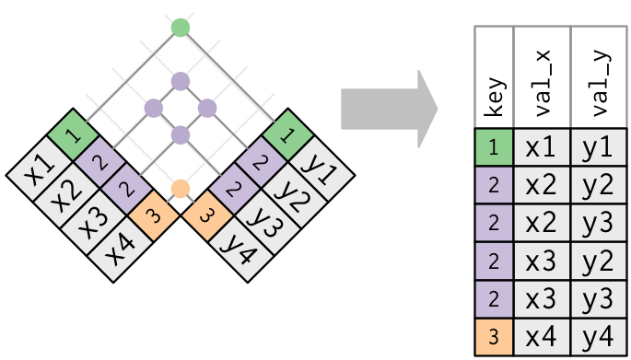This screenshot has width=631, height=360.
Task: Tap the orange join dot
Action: pos(181,189)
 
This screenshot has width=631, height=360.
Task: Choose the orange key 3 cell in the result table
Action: pos(494,337)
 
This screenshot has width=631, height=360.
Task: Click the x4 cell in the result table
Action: pos(543,337)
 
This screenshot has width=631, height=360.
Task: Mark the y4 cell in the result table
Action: pos(599,337)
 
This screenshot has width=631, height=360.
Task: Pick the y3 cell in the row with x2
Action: pos(599,224)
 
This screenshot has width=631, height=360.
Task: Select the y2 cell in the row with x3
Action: pos(599,261)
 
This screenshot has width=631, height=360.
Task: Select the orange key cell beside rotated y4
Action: pos(203,217)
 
